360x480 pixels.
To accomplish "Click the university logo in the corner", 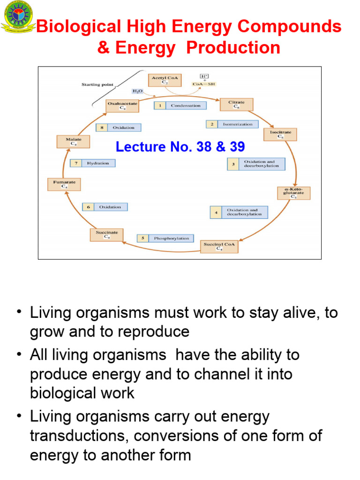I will click(18, 17).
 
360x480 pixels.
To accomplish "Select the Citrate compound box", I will click(236, 104).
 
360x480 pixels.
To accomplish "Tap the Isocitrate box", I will click(280, 135).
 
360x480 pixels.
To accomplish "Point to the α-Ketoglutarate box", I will click(293, 193).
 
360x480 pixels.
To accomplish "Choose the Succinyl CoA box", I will click(219, 246).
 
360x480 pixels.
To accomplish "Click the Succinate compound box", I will click(106, 234).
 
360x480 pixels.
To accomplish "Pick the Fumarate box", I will click(64, 184).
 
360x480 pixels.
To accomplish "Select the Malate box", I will click(73, 142).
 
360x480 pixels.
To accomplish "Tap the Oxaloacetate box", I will click(122, 105).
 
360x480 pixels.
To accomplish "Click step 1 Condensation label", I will click(180, 105).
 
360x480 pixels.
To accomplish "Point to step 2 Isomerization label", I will click(232, 124).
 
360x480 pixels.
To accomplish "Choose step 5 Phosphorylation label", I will click(165, 238).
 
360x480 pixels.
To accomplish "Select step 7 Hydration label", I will click(92, 163).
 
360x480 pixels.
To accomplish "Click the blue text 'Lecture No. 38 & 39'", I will click(180, 147).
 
